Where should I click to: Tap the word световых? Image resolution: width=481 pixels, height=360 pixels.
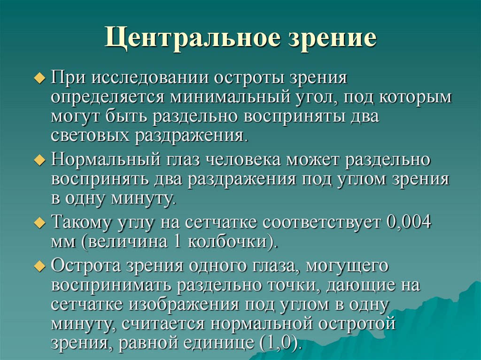tap(90, 136)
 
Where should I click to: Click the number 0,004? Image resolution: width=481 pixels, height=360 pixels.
tap(409, 222)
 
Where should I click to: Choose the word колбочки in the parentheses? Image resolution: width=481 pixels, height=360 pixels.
tap(229, 242)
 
